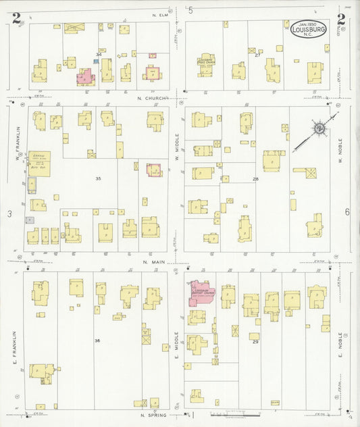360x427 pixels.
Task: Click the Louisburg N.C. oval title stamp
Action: (x=309, y=29)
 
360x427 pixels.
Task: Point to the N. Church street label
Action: (x=152, y=98)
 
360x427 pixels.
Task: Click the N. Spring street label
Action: (x=153, y=416)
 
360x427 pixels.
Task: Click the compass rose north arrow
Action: (x=317, y=128)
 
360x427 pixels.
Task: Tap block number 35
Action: (x=98, y=178)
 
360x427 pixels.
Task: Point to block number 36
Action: (x=98, y=341)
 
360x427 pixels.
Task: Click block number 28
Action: (x=255, y=179)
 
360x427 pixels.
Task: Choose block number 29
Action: (x=255, y=342)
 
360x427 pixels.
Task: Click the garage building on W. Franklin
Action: (x=38, y=161)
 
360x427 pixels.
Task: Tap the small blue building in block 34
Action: (x=96, y=61)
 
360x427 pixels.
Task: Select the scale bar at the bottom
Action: (x=230, y=413)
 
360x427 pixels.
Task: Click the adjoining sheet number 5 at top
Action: (x=190, y=10)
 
